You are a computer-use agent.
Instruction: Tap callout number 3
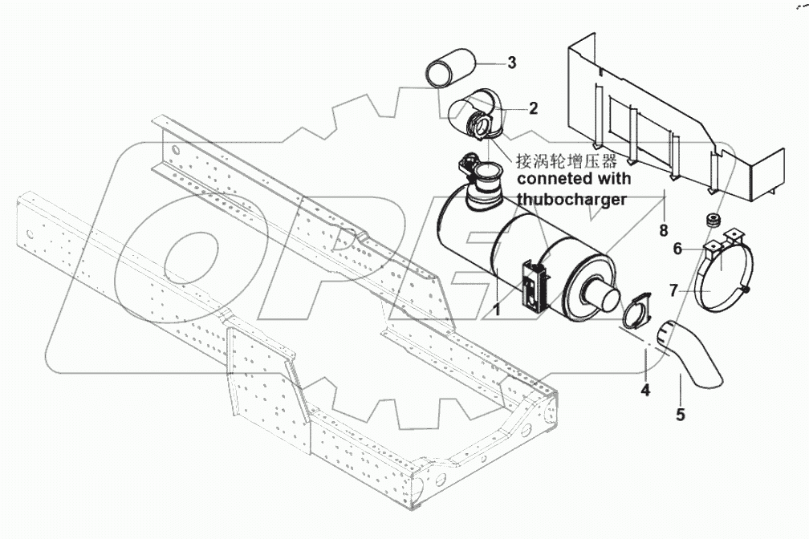tap(510, 62)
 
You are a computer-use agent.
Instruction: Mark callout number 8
tap(664, 231)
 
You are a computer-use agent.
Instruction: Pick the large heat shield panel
tap(658, 120)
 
